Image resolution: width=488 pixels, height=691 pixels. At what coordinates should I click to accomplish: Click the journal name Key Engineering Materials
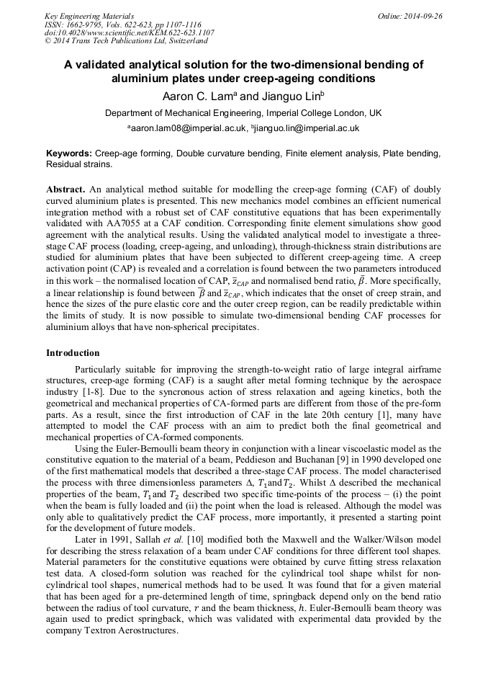[89, 16]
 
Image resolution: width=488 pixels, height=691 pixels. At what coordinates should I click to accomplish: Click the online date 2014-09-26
[423, 16]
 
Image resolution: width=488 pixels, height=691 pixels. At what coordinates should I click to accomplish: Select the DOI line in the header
[129, 32]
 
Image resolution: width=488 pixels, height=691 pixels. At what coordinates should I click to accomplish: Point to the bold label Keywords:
[69, 153]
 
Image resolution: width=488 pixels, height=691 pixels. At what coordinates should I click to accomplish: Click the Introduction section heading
[73, 352]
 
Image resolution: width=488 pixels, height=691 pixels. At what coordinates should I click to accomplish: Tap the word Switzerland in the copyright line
[168, 41]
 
